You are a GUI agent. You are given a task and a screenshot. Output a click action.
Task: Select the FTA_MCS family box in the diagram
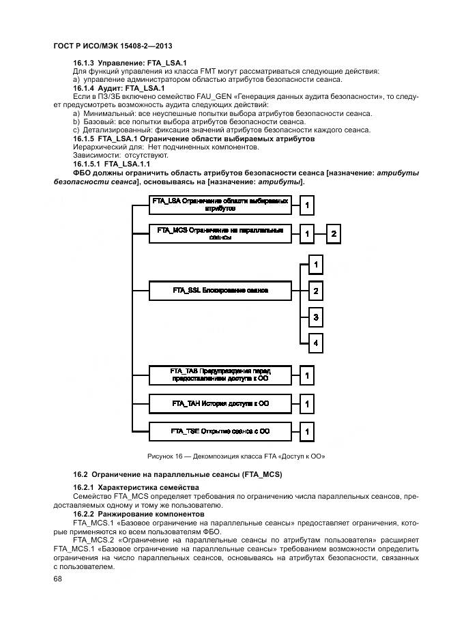(x=220, y=233)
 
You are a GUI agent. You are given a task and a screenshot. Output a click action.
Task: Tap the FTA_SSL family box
(x=220, y=291)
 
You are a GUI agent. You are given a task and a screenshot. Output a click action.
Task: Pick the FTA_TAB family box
(x=220, y=374)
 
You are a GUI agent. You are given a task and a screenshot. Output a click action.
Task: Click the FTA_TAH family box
(x=220, y=404)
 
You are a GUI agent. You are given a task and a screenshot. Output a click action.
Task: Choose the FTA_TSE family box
(x=220, y=431)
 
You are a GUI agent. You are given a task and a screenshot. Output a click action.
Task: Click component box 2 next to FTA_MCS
(x=334, y=234)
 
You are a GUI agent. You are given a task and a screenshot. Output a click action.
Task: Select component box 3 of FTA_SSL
(x=315, y=317)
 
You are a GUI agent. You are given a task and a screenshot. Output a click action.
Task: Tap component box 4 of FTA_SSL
(x=315, y=343)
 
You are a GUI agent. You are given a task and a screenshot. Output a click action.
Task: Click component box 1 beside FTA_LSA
(x=308, y=205)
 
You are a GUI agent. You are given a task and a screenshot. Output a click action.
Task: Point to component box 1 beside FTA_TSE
(x=308, y=432)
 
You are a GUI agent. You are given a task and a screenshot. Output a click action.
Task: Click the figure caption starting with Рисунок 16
(x=235, y=456)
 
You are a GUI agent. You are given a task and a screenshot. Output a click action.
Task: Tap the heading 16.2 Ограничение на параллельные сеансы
(x=177, y=474)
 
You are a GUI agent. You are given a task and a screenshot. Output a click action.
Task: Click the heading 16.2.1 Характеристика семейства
(x=136, y=487)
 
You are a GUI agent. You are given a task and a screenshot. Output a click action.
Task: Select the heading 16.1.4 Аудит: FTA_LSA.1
(x=119, y=88)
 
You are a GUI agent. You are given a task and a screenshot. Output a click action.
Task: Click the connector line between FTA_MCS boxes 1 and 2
(x=321, y=234)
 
